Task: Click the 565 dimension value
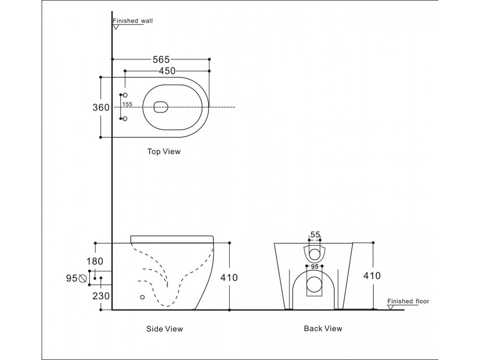pos(161,60)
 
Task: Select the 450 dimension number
pos(167,71)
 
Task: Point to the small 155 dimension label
pos(127,104)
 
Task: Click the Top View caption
pos(164,152)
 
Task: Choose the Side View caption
pos(164,329)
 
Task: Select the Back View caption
pos(323,328)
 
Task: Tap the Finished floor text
pos(408,301)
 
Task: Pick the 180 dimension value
pos(95,261)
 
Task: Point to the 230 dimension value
pos(101,296)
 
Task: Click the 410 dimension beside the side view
pos(229,277)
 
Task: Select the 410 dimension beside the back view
pos(372,275)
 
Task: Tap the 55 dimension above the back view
pos(315,235)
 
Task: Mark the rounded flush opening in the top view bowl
pos(160,107)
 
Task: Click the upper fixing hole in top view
pos(125,95)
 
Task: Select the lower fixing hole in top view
pos(125,119)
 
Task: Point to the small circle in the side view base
pos(142,297)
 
